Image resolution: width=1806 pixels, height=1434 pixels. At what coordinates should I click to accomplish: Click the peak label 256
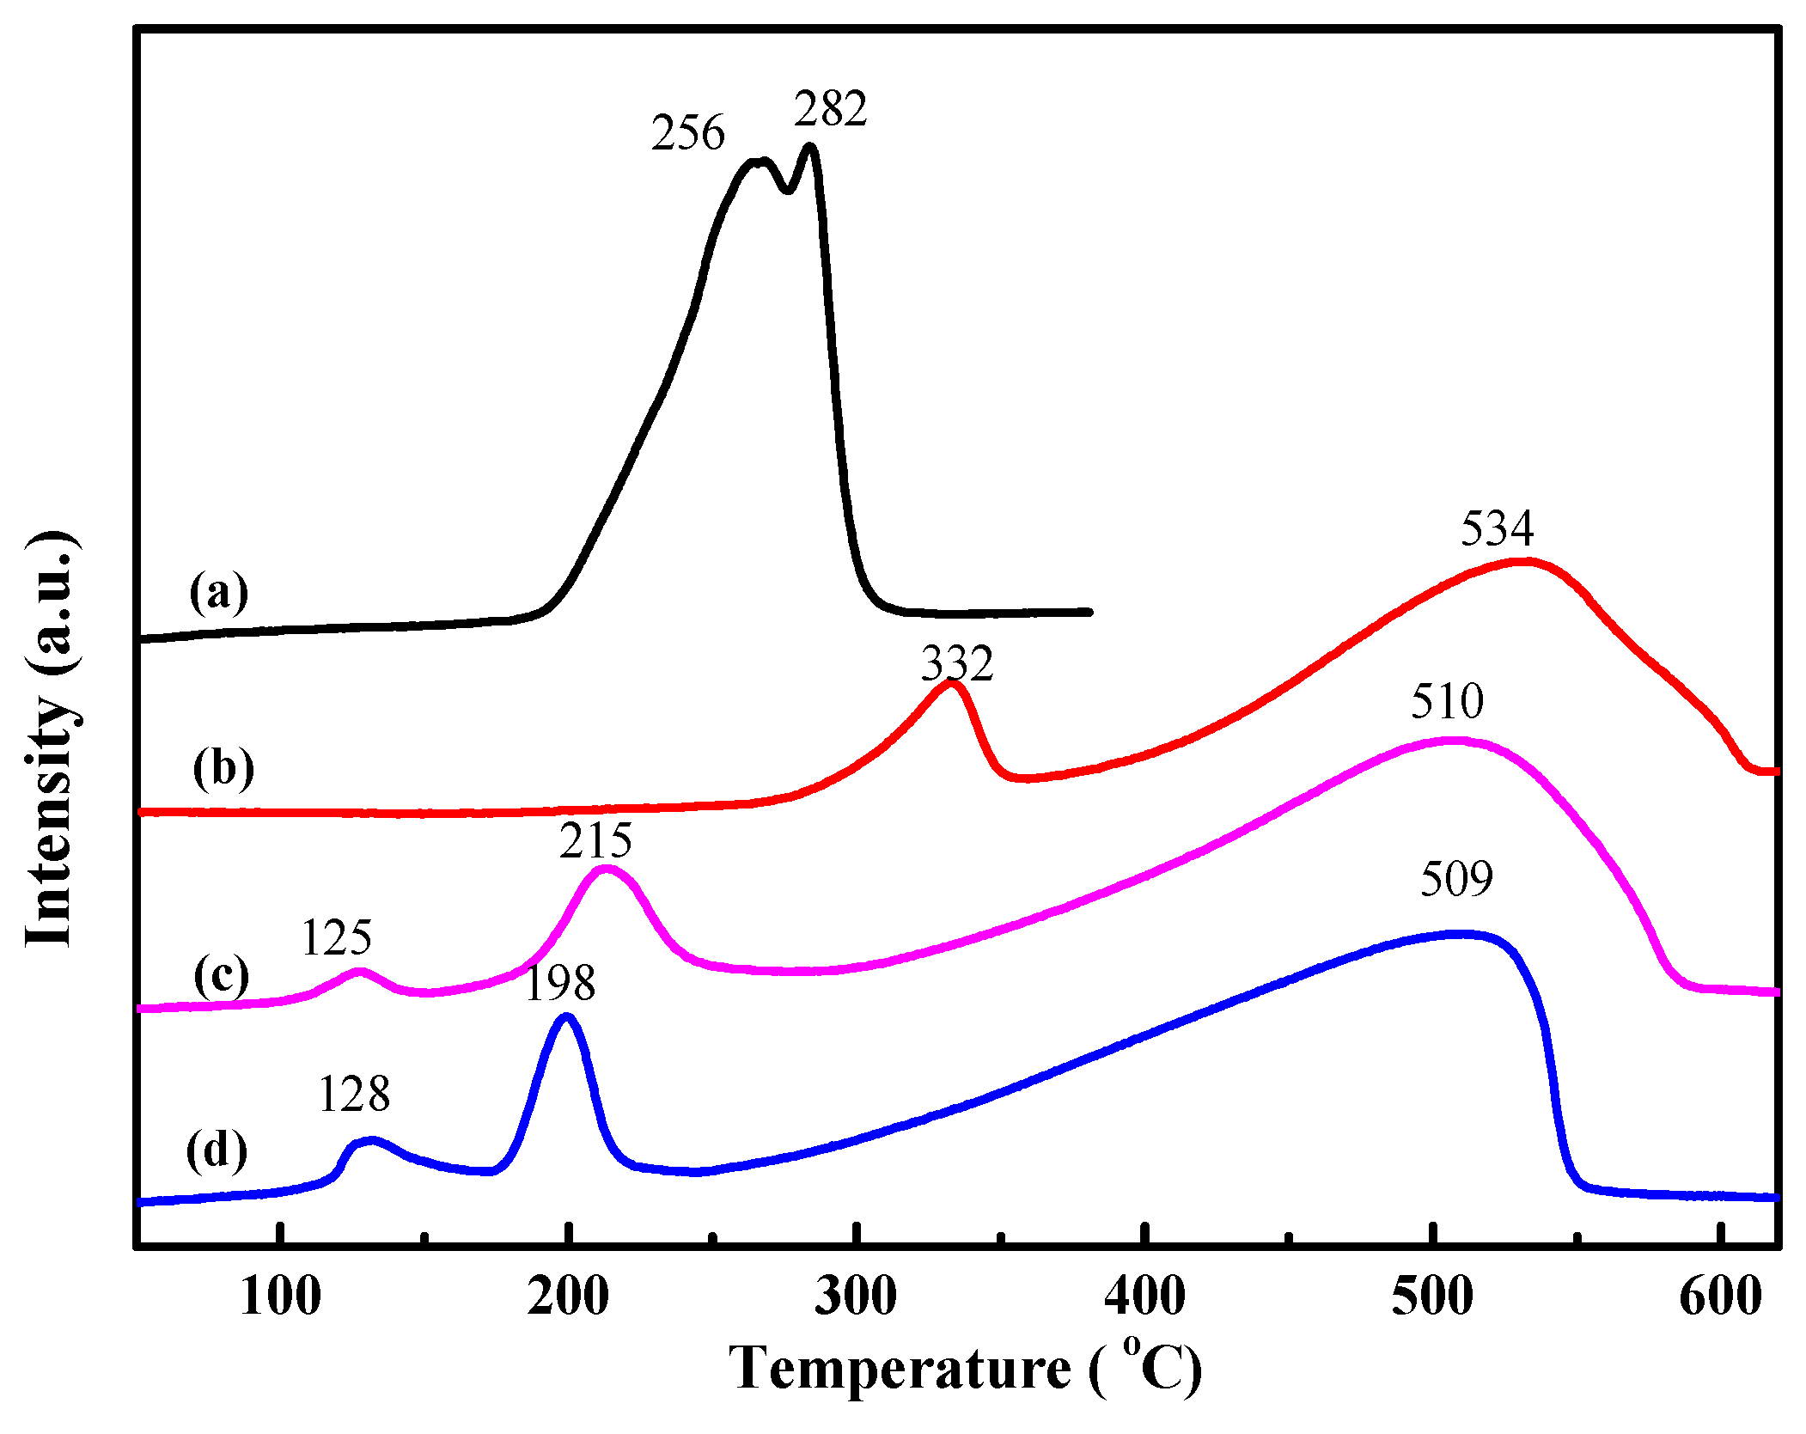687,133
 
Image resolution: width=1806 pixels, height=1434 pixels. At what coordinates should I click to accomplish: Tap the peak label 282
830,109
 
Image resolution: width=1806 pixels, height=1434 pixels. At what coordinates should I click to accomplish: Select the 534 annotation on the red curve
1497,528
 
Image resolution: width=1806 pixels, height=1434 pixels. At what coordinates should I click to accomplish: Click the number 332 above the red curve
957,663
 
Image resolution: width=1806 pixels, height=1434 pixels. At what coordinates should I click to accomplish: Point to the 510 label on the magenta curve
1447,701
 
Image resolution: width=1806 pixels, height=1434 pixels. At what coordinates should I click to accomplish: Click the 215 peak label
595,840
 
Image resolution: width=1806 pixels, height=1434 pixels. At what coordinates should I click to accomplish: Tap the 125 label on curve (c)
336,937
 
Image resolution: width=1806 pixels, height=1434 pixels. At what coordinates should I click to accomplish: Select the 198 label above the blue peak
559,983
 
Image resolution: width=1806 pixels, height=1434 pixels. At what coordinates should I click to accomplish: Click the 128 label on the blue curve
354,1095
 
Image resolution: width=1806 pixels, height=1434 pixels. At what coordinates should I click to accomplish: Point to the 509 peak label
1456,879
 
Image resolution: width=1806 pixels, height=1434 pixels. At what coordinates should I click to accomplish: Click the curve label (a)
219,592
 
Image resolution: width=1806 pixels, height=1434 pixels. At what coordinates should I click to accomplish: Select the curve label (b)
223,767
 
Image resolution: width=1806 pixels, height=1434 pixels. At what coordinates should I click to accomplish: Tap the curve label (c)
221,975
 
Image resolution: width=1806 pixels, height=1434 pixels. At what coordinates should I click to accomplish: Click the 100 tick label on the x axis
280,1297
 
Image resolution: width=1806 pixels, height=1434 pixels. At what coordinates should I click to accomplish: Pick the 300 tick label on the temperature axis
856,1297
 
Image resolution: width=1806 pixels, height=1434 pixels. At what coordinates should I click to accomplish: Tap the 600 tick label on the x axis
1720,1297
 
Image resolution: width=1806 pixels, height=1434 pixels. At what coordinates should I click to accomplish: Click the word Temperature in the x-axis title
900,1368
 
